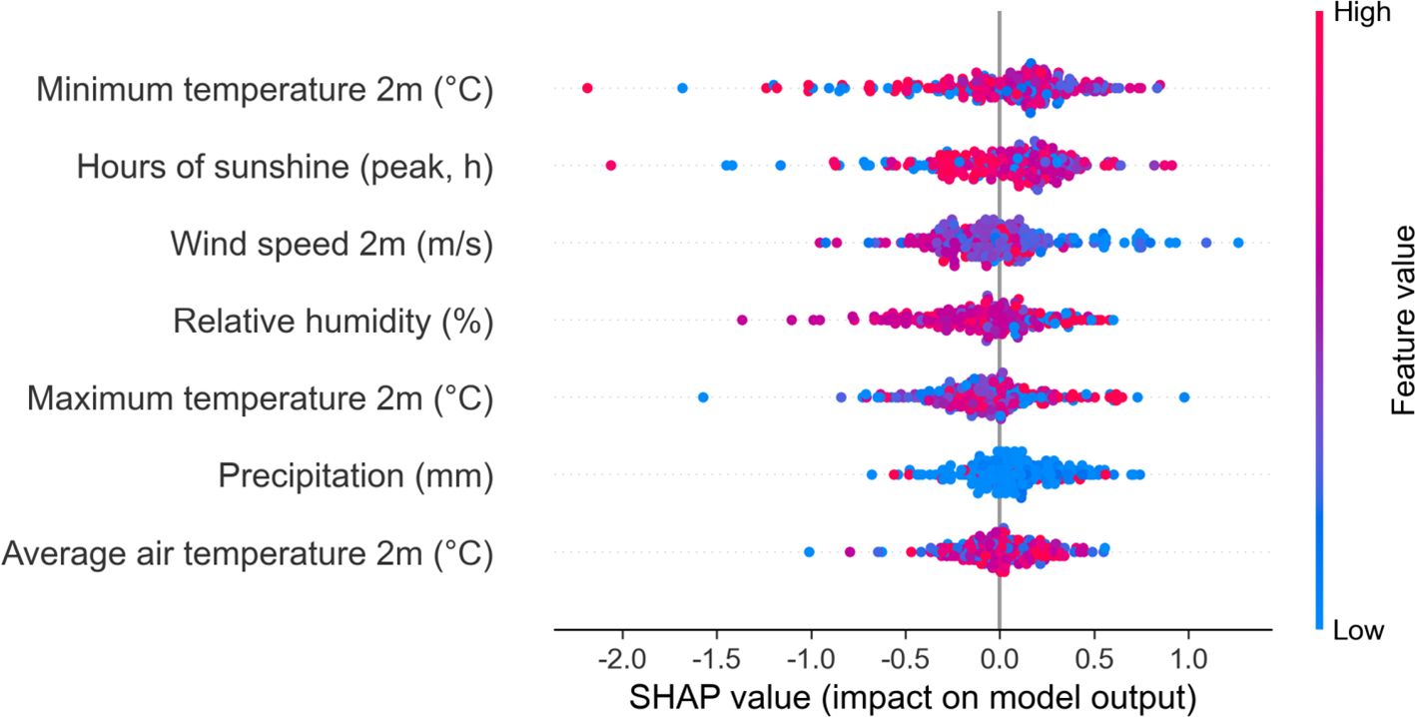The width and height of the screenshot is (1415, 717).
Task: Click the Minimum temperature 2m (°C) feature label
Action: click(x=265, y=90)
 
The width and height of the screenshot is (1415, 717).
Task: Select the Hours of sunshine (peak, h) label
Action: click(x=285, y=167)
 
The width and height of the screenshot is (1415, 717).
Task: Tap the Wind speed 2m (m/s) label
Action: click(x=332, y=244)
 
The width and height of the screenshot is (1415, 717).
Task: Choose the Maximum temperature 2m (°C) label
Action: click(x=260, y=398)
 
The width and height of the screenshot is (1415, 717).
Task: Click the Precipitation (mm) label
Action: click(x=356, y=475)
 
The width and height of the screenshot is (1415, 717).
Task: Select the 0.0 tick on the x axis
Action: click(x=999, y=660)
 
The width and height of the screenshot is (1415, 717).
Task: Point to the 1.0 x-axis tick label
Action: click(x=1187, y=660)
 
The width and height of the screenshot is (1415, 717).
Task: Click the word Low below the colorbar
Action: click(x=1358, y=630)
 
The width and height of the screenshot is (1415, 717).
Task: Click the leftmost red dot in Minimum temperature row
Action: click(x=587, y=89)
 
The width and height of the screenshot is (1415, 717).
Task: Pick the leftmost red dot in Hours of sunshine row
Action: click(x=610, y=165)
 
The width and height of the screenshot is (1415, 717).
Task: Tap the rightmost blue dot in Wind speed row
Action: click(x=1238, y=242)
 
